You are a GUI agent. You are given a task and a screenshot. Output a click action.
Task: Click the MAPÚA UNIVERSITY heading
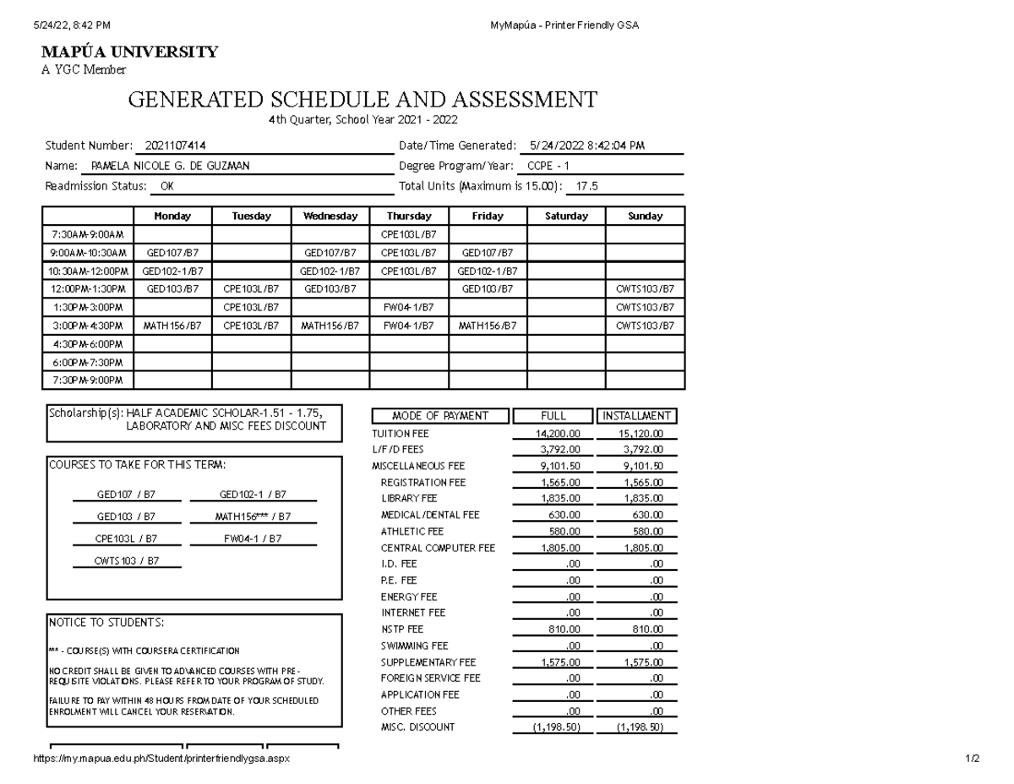tap(129, 52)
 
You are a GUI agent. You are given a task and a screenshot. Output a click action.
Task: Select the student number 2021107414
tap(175, 145)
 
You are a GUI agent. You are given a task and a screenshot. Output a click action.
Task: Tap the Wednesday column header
tap(330, 217)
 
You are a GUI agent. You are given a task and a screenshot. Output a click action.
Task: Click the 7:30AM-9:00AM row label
tap(88, 234)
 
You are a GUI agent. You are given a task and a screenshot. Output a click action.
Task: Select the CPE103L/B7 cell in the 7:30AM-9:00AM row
tap(409, 234)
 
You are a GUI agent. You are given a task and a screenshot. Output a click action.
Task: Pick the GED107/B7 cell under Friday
tap(488, 252)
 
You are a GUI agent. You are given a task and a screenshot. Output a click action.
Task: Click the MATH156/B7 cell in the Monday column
tap(172, 326)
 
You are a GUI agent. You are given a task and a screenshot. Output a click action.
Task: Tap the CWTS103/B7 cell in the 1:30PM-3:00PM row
tap(645, 307)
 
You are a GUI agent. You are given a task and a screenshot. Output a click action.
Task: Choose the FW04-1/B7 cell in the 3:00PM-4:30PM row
tap(409, 326)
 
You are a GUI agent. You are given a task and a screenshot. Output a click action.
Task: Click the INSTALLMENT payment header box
tap(637, 416)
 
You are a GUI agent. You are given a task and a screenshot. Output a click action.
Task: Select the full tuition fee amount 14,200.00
tap(553, 433)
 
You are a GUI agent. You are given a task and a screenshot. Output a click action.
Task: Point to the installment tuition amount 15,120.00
tap(636, 433)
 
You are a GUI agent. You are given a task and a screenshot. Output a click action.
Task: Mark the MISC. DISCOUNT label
tap(417, 727)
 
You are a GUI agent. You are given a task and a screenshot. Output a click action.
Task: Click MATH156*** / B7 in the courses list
tap(253, 517)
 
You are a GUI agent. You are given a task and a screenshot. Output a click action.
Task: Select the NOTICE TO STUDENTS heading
tap(106, 622)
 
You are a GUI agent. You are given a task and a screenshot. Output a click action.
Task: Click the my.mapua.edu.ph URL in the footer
tap(161, 759)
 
